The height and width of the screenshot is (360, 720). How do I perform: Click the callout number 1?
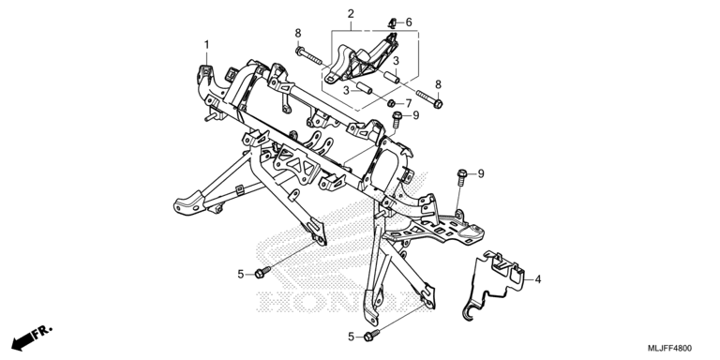pyautogui.click(x=206, y=45)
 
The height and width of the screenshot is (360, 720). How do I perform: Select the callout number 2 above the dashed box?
pyautogui.click(x=351, y=14)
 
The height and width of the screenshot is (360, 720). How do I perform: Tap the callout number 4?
pyautogui.click(x=538, y=278)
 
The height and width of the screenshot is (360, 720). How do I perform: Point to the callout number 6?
pyautogui.click(x=409, y=22)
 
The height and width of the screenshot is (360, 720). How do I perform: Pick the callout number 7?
pyautogui.click(x=408, y=104)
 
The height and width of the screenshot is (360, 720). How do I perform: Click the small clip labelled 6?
pyautogui.click(x=393, y=22)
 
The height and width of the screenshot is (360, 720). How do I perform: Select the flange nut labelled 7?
pyautogui.click(x=392, y=102)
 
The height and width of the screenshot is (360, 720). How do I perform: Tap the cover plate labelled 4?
pyautogui.click(x=494, y=285)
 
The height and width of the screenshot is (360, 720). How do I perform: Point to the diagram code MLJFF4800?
pyautogui.click(x=669, y=348)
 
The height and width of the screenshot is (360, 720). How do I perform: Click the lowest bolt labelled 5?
pyautogui.click(x=371, y=336)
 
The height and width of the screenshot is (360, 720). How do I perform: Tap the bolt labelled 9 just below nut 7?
pyautogui.click(x=397, y=119)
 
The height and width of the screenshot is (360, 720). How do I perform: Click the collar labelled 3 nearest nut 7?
pyautogui.click(x=364, y=88)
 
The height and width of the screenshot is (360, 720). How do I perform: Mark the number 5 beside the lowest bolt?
pyautogui.click(x=352, y=337)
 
